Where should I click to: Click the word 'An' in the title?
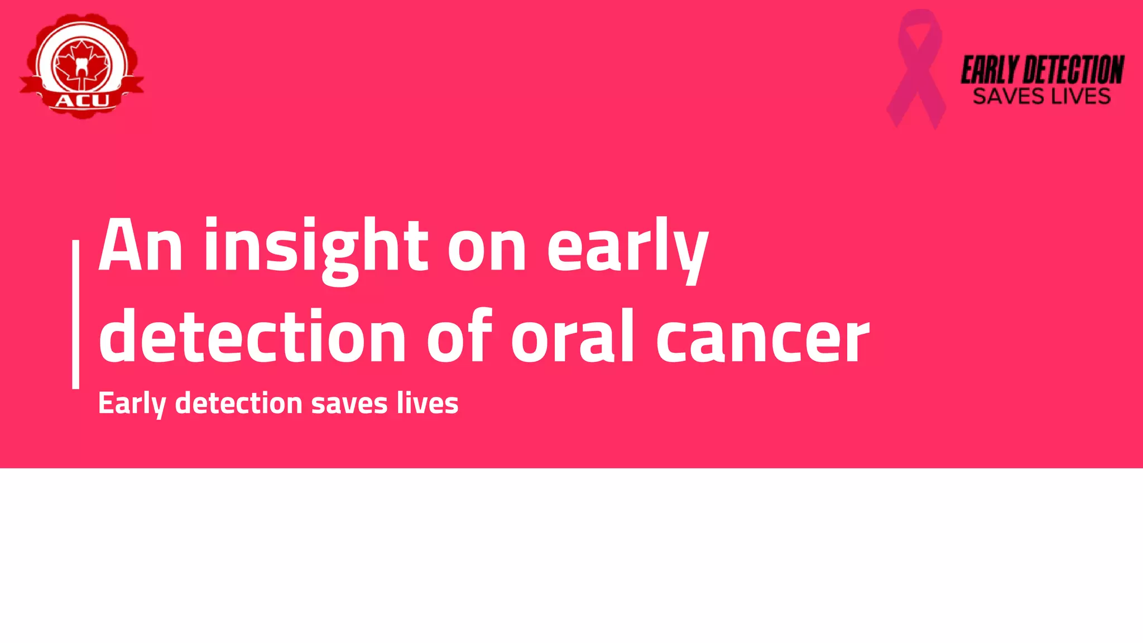140,246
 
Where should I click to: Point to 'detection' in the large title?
252,337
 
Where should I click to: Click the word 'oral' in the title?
573,337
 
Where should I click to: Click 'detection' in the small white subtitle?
239,403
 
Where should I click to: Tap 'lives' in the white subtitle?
428,403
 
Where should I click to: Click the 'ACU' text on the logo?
82,101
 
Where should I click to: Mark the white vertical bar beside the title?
76,314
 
